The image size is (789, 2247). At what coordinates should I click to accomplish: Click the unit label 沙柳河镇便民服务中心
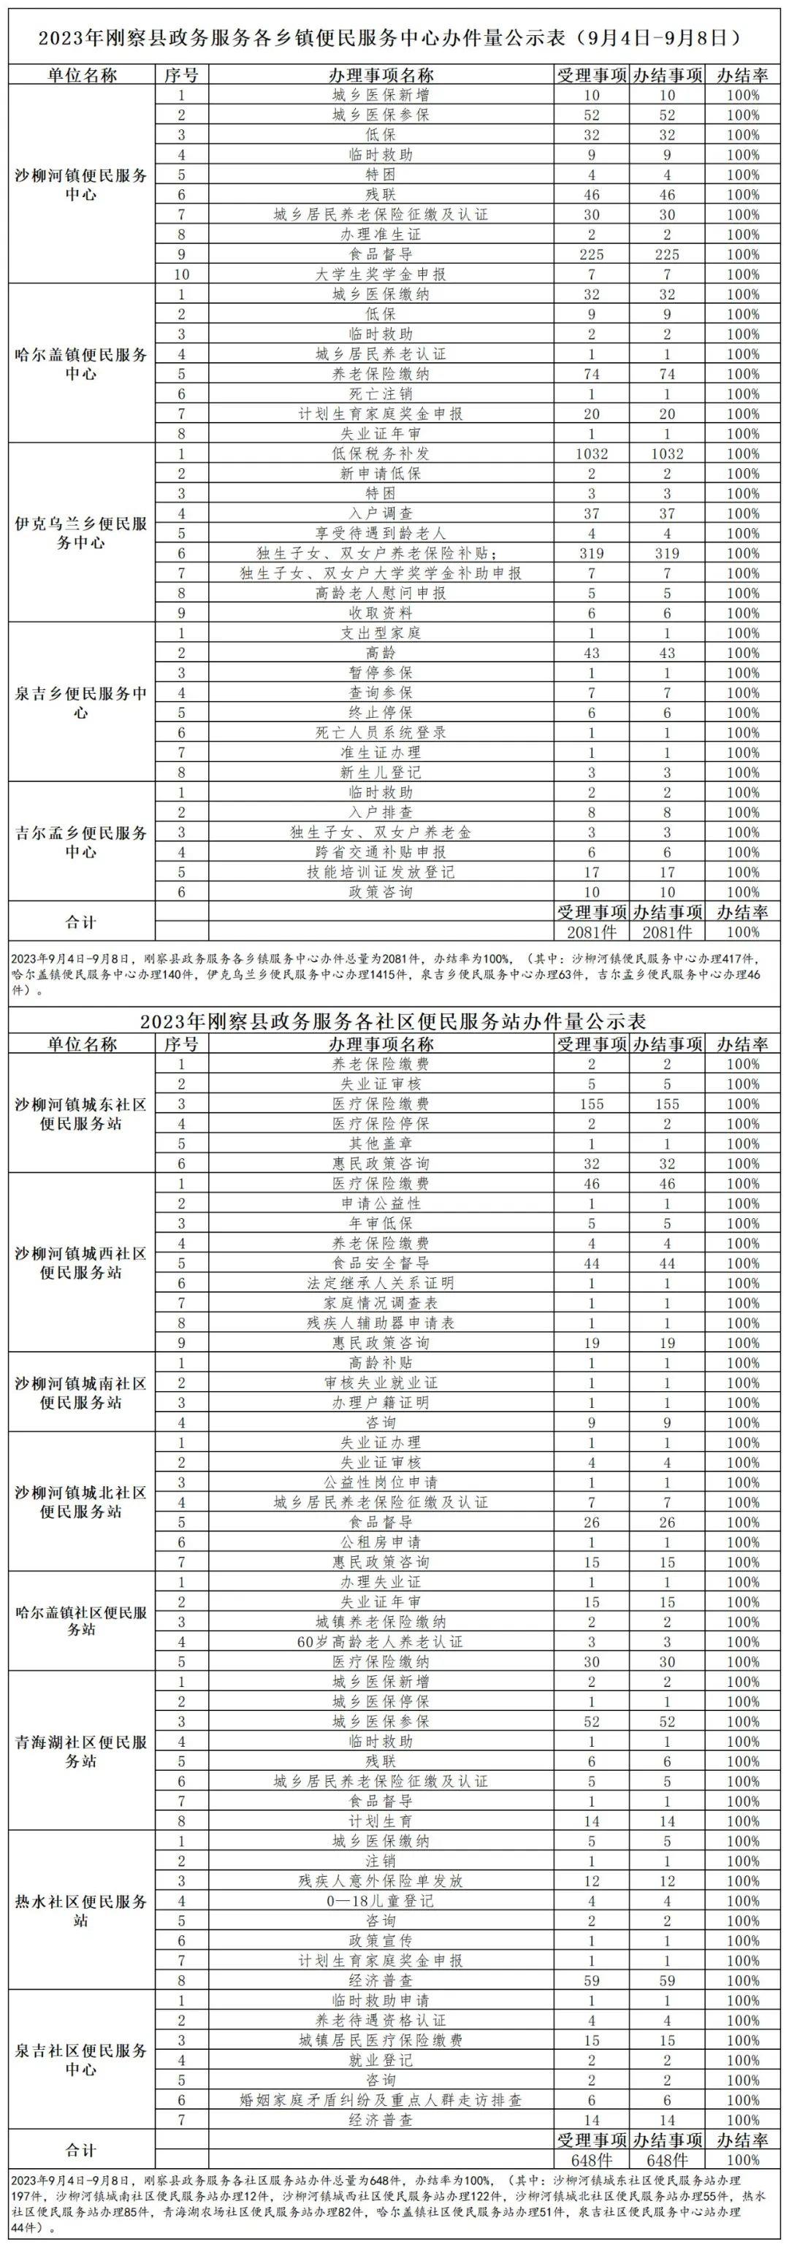point(81,184)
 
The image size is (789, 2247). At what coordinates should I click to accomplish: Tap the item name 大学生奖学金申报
point(381,274)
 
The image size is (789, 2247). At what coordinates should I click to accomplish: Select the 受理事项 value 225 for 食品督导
point(592,254)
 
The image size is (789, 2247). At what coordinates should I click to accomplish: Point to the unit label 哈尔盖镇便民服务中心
point(81,364)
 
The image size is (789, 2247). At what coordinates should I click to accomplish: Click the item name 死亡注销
point(381,394)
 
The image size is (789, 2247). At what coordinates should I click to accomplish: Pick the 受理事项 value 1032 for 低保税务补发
point(592,453)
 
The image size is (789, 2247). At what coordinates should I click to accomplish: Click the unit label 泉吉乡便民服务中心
point(81,703)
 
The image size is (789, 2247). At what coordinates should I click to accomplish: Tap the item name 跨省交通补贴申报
point(381,852)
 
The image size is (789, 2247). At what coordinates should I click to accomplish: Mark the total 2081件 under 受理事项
point(592,932)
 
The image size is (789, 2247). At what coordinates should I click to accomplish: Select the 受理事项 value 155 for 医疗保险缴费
point(592,1103)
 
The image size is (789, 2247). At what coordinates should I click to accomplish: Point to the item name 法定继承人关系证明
point(381,1283)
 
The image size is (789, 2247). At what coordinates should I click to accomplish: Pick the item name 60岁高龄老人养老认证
point(381,1642)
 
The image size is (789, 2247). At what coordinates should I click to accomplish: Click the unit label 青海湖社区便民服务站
point(81,1752)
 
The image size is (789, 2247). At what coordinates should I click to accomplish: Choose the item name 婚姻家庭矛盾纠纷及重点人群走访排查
point(381,2099)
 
